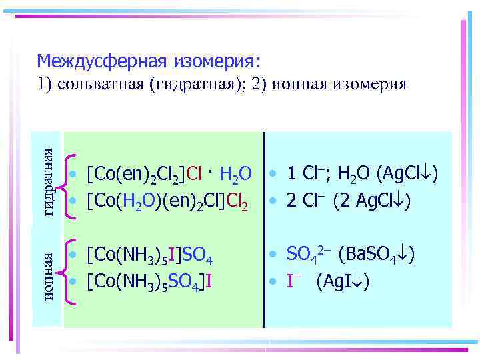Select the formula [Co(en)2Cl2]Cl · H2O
point(169,174)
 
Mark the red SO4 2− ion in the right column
point(309,254)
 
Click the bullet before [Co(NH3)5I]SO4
point(77,255)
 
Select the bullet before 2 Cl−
point(274,200)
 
